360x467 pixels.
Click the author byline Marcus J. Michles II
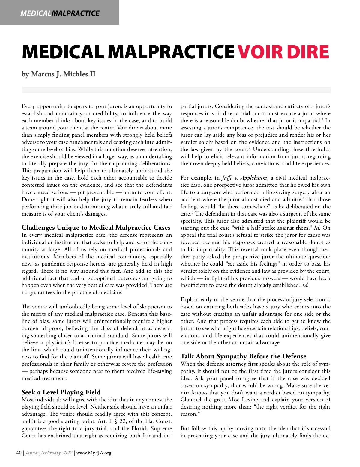(x=58, y=74)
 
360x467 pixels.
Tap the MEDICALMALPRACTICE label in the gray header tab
(x=60, y=13)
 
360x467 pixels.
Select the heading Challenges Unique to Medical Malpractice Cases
(x=96, y=228)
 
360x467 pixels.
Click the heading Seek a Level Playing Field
(x=61, y=392)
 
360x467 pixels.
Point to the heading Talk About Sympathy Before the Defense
(x=243, y=356)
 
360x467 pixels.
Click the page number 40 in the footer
(x=19, y=453)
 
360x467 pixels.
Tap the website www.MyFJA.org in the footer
(x=94, y=453)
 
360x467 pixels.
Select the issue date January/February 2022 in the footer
(x=49, y=453)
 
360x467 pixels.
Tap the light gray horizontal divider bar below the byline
(x=176, y=90)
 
